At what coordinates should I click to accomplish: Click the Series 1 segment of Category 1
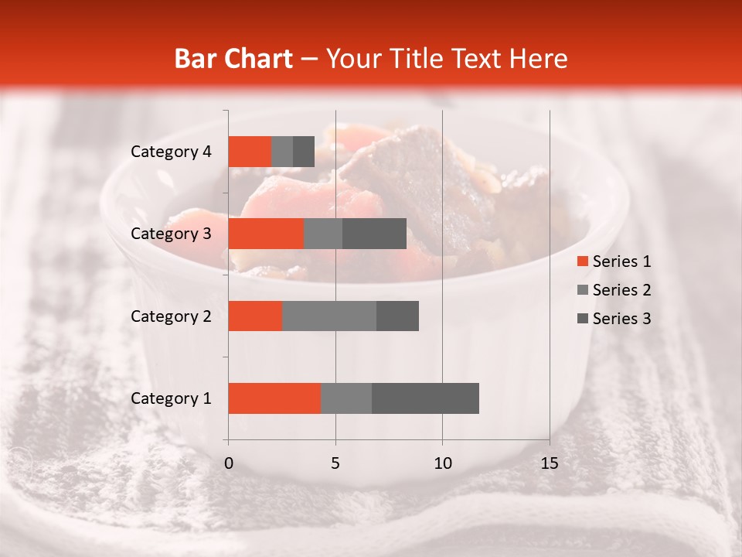(x=274, y=398)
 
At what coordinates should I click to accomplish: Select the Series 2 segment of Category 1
(x=346, y=398)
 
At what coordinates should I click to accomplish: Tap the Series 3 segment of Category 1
(x=425, y=398)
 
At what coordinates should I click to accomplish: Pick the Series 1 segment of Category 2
(x=255, y=316)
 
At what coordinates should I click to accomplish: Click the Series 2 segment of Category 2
(x=329, y=316)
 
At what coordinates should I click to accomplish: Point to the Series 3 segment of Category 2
(x=397, y=316)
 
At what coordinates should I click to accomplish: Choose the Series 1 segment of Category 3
(x=266, y=234)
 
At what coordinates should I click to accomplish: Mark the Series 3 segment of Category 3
(x=374, y=234)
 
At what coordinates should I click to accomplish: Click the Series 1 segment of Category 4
(x=250, y=152)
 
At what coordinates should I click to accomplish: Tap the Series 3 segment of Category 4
(x=304, y=152)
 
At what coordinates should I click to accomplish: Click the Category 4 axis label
(x=171, y=152)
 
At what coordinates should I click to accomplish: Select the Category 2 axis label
(x=171, y=316)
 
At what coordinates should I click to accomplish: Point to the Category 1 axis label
(x=171, y=398)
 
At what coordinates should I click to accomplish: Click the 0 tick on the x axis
(x=229, y=463)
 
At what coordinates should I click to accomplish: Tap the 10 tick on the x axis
(x=442, y=463)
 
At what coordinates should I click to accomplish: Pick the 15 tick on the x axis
(x=550, y=463)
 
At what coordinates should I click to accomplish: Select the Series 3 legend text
(x=621, y=319)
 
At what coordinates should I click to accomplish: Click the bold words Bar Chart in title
(x=233, y=59)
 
